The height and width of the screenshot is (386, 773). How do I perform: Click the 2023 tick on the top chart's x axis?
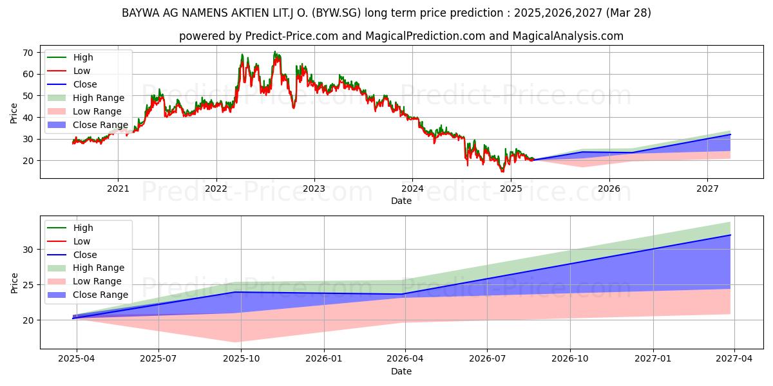point(314,188)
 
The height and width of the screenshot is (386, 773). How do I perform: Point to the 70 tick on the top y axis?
point(29,53)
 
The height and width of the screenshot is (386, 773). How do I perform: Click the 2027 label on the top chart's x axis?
point(707,188)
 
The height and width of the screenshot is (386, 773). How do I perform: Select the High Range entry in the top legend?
point(99,98)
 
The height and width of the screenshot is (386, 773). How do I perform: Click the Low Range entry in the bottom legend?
point(97,281)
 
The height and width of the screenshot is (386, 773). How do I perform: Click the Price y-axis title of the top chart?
point(14,113)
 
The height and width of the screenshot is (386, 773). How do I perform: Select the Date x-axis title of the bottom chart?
point(401,371)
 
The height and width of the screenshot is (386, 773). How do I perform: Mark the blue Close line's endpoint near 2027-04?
point(730,235)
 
